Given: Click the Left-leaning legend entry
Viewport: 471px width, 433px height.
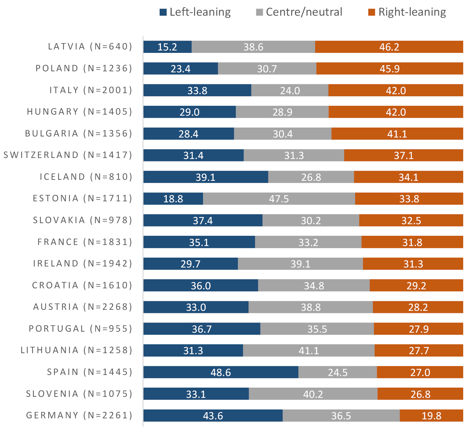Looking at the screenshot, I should point(195,12).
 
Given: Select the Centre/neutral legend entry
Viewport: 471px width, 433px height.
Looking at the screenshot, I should point(299,12).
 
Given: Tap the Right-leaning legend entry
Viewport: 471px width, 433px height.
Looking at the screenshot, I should point(407,12).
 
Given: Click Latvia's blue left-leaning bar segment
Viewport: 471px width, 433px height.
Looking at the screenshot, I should point(167,47).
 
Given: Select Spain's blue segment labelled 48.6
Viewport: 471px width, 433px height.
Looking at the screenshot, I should point(221,372).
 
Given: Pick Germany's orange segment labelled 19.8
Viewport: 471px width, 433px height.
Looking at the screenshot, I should point(431,416).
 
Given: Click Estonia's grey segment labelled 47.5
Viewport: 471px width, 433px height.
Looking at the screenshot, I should point(279,199).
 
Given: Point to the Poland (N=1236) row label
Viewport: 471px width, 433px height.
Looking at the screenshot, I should point(84,68).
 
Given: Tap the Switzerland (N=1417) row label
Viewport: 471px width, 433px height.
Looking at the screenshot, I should point(68,155).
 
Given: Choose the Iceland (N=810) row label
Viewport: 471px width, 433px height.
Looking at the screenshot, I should point(86,177).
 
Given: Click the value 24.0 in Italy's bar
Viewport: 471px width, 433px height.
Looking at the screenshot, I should point(290,90).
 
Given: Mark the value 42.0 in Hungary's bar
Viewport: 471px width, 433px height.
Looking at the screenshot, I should point(396,112).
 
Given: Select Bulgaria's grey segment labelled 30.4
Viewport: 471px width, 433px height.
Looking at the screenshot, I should point(283,134).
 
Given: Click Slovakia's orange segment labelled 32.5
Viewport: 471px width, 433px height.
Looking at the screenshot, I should point(411,220).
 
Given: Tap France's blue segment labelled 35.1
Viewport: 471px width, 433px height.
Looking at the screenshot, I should point(199,242).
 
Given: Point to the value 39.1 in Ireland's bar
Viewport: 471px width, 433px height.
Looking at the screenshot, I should point(300,264).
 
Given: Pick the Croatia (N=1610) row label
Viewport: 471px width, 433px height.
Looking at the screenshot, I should point(82,285).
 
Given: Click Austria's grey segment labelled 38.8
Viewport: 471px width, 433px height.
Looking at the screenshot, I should point(311,307).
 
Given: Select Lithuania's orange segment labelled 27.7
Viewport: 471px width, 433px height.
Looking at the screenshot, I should point(419,350).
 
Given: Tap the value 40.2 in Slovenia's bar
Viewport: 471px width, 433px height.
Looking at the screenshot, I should point(313,394).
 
